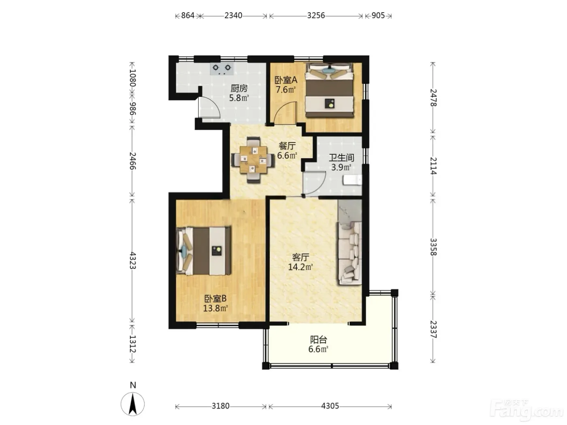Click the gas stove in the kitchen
(x=222, y=69)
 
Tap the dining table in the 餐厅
(x=253, y=160)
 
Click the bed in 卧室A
(x=329, y=90)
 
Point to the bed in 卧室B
(x=203, y=250)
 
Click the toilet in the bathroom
(x=352, y=180)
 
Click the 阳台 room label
(x=318, y=339)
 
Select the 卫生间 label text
(x=341, y=158)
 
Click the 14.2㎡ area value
(x=301, y=267)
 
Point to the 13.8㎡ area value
(x=215, y=308)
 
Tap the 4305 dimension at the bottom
(x=330, y=406)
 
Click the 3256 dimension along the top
(x=316, y=15)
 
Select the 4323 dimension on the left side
(x=133, y=261)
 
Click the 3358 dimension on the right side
(x=433, y=247)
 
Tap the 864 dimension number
(x=188, y=15)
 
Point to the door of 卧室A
(x=285, y=113)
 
